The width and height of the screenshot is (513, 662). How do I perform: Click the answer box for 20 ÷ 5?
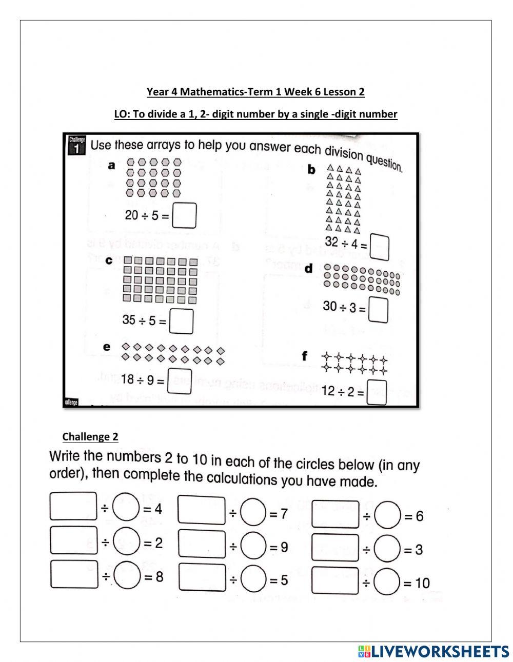tap(185, 215)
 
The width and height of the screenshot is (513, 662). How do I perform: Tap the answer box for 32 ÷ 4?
tap(379, 247)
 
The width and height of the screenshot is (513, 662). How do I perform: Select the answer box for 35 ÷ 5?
tap(182, 321)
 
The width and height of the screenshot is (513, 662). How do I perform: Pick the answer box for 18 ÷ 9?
tap(180, 380)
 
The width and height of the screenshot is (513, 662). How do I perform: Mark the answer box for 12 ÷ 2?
tap(377, 392)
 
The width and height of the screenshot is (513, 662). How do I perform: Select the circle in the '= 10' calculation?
tap(387, 583)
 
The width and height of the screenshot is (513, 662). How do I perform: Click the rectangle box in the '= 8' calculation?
tap(74, 575)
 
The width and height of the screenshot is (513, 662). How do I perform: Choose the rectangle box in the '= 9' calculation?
tap(202, 545)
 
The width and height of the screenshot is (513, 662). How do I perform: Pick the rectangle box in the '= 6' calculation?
tap(336, 514)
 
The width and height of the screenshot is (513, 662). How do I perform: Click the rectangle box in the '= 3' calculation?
tap(336, 548)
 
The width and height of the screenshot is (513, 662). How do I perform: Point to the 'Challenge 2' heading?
tap(90, 437)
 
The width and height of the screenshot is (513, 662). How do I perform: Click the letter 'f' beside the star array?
tap(305, 355)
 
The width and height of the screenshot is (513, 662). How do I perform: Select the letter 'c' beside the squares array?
tap(109, 260)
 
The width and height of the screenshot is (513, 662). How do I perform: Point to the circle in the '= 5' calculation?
tap(253, 578)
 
